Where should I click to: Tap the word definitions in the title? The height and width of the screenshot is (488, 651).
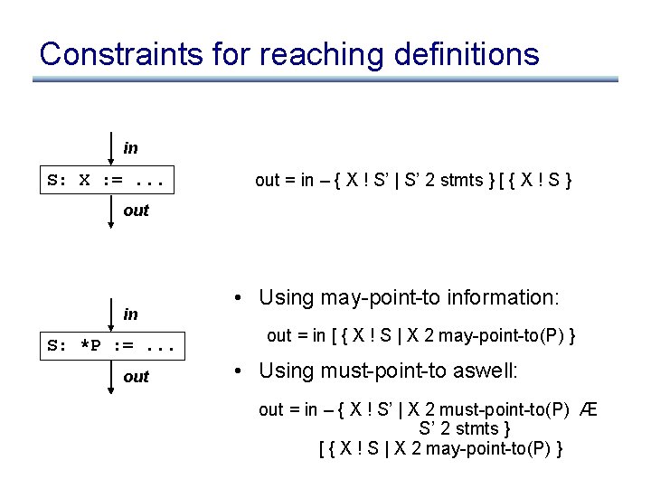tap(470, 54)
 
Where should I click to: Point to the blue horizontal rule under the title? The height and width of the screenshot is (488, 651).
tap(325, 80)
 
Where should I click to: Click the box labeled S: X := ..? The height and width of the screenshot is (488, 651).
tap(108, 180)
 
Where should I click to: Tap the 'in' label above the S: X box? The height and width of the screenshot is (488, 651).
tap(131, 147)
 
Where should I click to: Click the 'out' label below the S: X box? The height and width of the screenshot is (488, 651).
tap(136, 210)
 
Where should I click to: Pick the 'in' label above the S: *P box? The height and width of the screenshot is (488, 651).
tap(131, 314)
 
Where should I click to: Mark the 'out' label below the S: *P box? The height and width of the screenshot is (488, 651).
tap(136, 377)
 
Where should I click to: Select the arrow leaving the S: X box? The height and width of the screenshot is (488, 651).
tap(110, 211)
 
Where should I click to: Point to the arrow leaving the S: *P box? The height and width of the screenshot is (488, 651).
tap(110, 379)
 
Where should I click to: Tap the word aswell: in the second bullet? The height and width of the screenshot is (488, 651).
tap(486, 371)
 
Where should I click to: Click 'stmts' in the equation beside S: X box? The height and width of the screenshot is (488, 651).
tap(462, 180)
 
